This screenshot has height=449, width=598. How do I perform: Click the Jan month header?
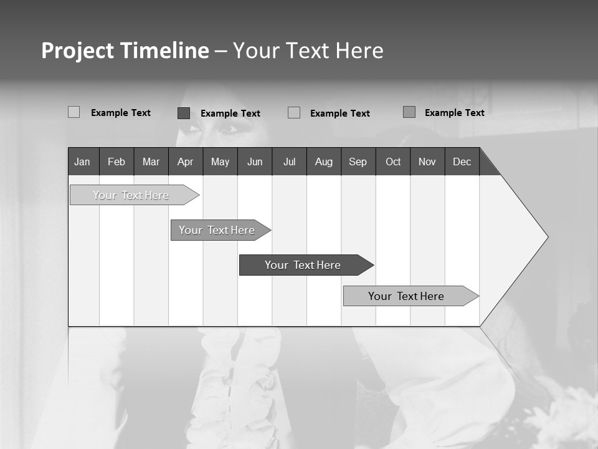coord(83,162)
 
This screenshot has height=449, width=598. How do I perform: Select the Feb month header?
coord(116,162)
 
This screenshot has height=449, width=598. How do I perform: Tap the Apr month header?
coord(186,162)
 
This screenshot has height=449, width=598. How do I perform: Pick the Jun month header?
coord(255,162)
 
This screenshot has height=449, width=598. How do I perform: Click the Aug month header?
coord(324,162)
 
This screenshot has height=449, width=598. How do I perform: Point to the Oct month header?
coord(393,162)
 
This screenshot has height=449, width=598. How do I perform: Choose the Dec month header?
coord(462,162)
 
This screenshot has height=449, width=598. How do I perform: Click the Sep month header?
coord(358,162)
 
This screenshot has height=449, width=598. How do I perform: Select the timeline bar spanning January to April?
coord(131,195)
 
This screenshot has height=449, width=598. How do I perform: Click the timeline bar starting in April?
coord(217,230)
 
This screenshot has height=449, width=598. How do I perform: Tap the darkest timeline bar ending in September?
coord(303,265)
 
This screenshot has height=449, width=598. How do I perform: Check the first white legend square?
coord(74,112)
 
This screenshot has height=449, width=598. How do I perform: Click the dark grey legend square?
coord(184,113)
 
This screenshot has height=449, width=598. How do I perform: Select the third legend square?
coord(294,113)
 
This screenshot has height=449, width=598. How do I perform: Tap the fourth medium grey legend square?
coord(409,112)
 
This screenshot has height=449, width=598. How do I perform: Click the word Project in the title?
coord(77,51)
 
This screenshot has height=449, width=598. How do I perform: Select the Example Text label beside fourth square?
coord(455,113)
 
